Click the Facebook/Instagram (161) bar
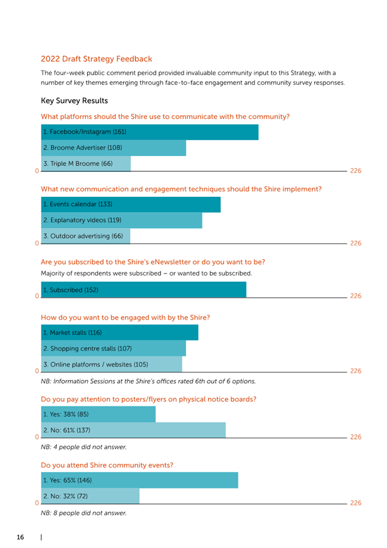149,132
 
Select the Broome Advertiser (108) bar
114,148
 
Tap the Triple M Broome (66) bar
86,164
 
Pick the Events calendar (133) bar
130,205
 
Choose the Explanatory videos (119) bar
121,220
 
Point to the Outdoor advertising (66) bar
85,236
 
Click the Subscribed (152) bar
143,290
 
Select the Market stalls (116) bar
120,332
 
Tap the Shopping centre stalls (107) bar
114,349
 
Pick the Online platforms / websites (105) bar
111,364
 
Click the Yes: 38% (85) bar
98,414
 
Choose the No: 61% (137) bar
133,430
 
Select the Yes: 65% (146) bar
139,480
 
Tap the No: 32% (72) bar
90,496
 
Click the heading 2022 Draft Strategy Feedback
97,59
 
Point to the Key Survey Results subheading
75,101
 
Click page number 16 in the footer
21,537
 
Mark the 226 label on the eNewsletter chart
356,296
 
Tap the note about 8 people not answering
84,513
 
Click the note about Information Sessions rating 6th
148,381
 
